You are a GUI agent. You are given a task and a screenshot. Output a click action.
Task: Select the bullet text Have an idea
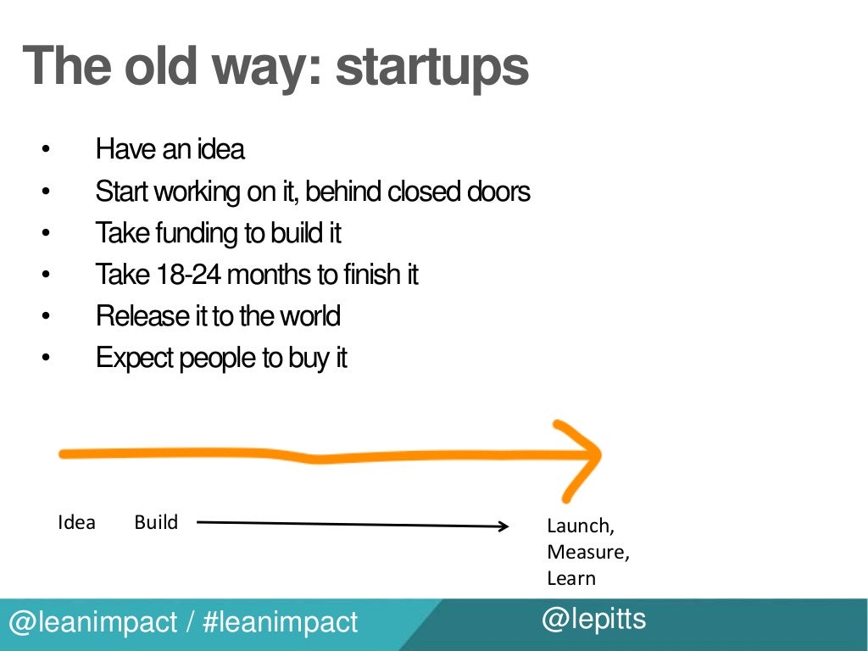click(x=170, y=150)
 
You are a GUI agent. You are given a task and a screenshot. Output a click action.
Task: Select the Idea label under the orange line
click(x=76, y=522)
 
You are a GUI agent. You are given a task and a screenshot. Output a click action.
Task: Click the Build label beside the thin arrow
click(x=156, y=522)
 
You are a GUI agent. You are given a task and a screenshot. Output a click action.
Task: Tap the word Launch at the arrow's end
click(x=579, y=526)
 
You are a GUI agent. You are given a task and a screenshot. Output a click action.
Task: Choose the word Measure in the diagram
click(x=587, y=553)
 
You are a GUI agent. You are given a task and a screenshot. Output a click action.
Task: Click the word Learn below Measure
click(x=571, y=579)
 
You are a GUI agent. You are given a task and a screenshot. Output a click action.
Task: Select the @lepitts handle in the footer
click(x=593, y=620)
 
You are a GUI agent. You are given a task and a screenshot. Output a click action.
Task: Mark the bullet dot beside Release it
click(x=46, y=317)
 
